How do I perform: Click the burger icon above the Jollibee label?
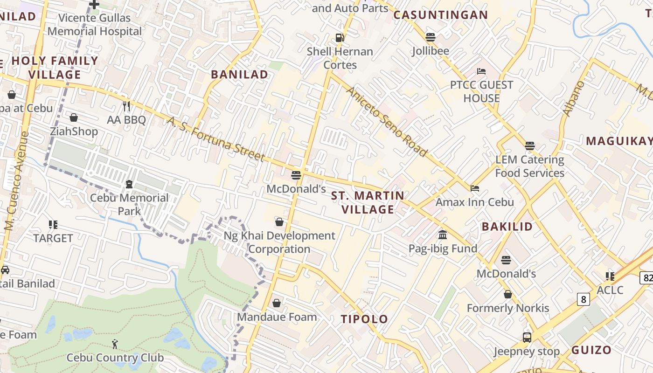(430, 37)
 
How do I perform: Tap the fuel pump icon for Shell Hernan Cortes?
(340, 38)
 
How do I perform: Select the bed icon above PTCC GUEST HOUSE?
(481, 71)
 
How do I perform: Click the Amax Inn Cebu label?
(474, 202)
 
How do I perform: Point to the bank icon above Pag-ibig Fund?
(443, 235)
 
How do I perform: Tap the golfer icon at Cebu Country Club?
(115, 344)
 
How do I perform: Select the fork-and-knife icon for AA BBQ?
(126, 106)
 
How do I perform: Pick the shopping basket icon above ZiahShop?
(73, 117)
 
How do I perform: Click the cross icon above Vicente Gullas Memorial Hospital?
(94, 5)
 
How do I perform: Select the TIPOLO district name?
(364, 319)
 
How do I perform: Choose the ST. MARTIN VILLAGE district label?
(368, 202)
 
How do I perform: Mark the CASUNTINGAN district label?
(440, 15)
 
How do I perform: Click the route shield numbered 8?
(583, 299)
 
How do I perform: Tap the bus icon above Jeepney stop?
(527, 337)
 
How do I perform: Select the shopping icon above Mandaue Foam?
(277, 304)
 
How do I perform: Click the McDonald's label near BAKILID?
(506, 274)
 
